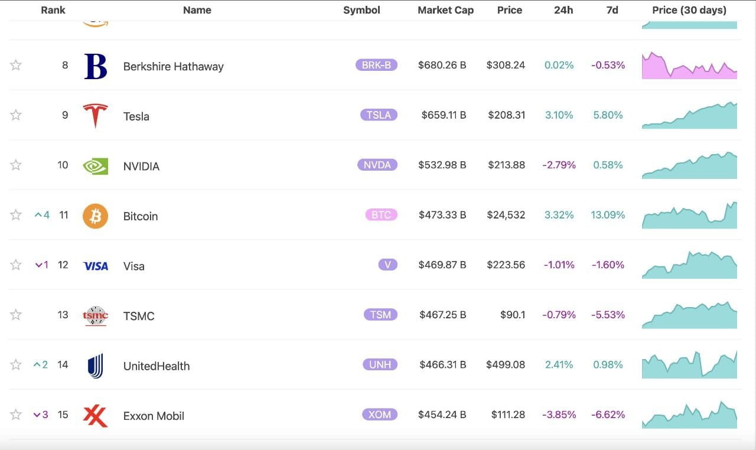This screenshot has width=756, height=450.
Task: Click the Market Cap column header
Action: [445, 10]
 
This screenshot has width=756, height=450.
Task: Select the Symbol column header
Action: [361, 10]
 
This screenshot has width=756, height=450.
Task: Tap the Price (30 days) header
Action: [689, 10]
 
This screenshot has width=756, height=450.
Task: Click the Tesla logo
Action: [95, 115]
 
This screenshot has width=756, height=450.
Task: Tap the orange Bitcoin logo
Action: [95, 216]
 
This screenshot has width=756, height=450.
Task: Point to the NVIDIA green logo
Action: [95, 166]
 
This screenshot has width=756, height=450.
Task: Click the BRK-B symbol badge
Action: [376, 65]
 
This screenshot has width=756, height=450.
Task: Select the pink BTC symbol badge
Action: [381, 215]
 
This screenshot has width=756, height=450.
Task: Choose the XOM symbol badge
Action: [379, 415]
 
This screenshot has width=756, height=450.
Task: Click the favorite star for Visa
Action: [16, 265]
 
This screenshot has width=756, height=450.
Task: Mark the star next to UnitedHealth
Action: [16, 365]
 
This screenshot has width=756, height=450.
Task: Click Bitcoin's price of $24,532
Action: [506, 215]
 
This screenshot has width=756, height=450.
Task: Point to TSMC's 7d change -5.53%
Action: [608, 315]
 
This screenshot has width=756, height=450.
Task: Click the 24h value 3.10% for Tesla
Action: [559, 115]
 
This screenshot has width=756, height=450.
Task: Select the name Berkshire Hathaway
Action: [173, 67]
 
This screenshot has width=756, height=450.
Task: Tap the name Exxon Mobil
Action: [154, 416]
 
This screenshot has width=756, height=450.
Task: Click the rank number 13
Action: [63, 315]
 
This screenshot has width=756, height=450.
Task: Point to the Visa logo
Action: [95, 266]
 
